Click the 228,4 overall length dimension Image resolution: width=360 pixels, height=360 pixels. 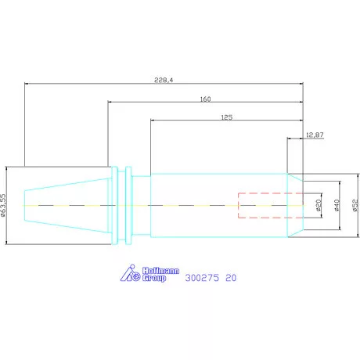pos(164,80)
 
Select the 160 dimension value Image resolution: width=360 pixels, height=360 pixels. pos(205,99)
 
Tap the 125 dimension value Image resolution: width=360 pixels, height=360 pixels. pos(227,117)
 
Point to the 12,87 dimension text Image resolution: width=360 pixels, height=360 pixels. pos(315,135)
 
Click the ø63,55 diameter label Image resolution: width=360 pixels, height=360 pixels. pos(3,205)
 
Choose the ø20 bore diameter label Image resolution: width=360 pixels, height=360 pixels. pos(319,205)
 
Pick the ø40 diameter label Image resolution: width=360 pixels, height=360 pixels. pos(337,205)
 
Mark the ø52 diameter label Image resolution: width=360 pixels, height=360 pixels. pos(355,205)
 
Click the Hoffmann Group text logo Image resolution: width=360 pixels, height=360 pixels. pos(160,275)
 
